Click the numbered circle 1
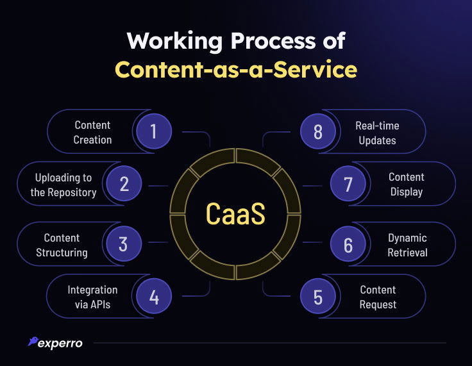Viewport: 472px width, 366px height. point(154,131)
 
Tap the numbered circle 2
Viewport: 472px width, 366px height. point(124,184)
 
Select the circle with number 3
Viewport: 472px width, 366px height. point(123,244)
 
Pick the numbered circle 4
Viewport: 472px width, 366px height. point(154,297)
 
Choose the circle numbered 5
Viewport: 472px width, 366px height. point(318,297)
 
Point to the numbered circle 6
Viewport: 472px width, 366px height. point(348,244)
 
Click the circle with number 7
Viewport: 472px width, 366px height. point(348,184)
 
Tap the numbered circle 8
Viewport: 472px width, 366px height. point(318,131)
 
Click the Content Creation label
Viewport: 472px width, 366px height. point(92,132)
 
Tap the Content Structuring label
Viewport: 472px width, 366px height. point(62,245)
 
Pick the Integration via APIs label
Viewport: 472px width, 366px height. point(92,297)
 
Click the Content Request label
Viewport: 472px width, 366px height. point(378,297)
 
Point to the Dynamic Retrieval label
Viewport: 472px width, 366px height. point(407,245)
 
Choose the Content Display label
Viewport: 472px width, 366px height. point(406,185)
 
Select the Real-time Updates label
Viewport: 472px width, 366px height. point(377,132)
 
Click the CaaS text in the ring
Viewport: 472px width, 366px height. point(235,213)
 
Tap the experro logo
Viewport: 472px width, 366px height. point(56,342)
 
